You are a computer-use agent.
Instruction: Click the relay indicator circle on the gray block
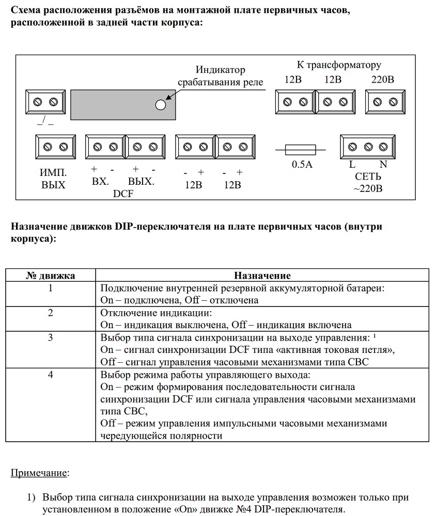point(160,105)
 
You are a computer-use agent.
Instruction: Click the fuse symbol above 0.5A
point(301,150)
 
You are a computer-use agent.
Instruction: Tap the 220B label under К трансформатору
point(383,80)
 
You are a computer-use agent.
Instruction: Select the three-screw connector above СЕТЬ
point(368,147)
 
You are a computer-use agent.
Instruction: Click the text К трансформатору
point(339,65)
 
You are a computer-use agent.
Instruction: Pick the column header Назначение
point(262,276)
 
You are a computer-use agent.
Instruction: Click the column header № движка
point(51,276)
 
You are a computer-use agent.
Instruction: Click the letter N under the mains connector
point(383,165)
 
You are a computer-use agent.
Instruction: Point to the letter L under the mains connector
point(352,165)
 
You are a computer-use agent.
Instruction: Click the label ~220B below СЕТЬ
point(368,188)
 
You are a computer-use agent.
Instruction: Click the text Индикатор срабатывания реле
point(221,76)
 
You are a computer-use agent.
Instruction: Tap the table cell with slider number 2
point(51,319)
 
